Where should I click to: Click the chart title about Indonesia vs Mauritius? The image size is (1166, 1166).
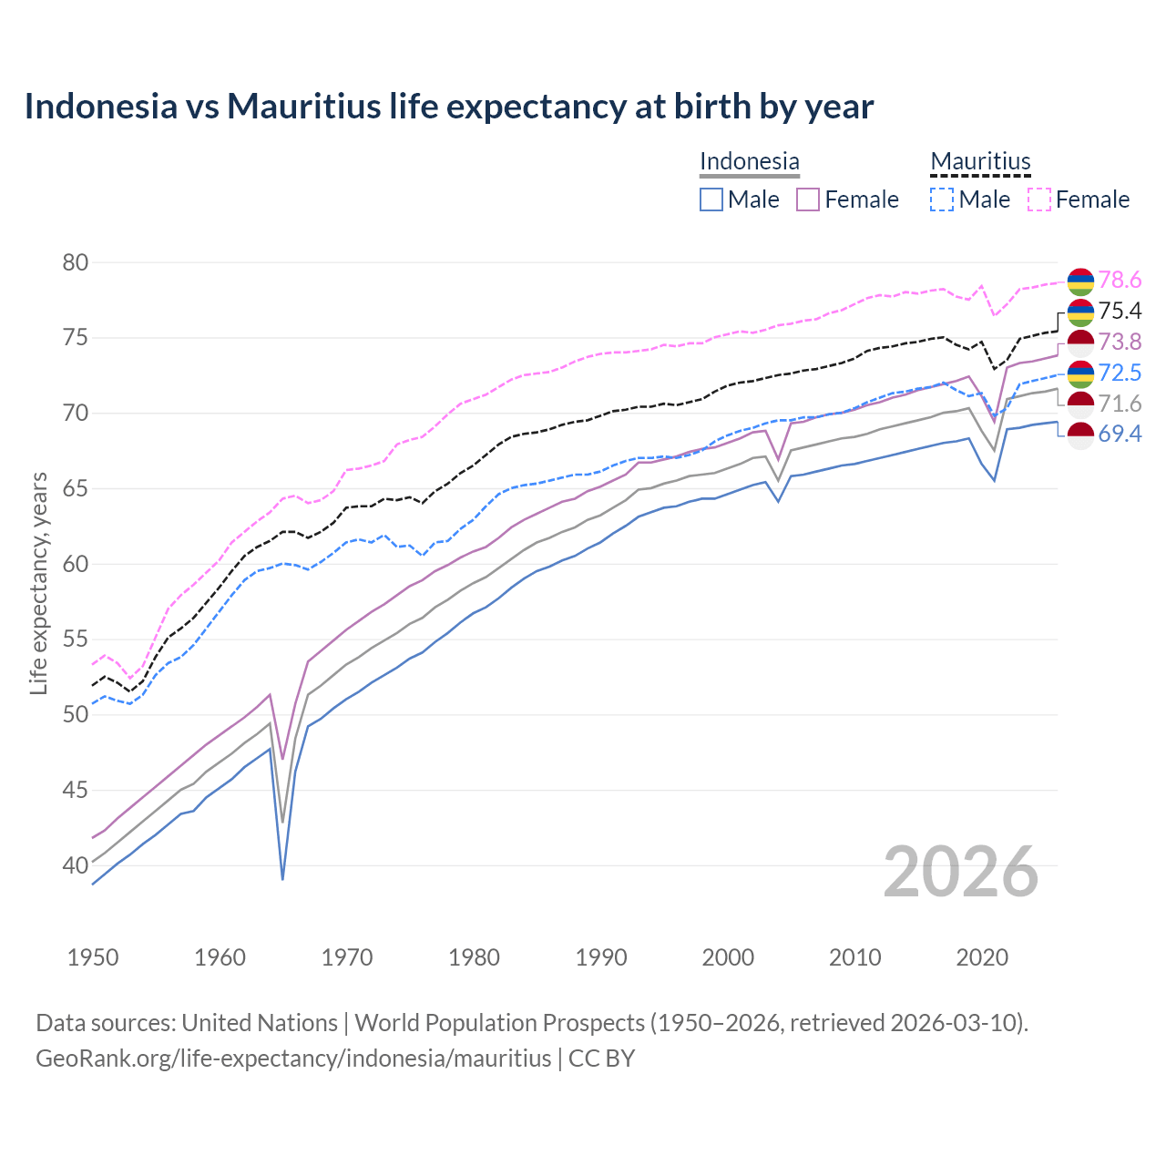tap(448, 107)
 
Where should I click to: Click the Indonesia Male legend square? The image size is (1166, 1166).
tap(711, 199)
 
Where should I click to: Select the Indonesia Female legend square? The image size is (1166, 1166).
tap(808, 199)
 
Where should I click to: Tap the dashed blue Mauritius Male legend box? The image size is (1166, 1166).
tap(942, 199)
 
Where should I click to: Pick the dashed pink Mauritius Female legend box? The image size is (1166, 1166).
tap(1038, 199)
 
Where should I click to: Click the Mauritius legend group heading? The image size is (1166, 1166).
tap(980, 162)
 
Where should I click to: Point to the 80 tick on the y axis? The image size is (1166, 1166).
tap(76, 262)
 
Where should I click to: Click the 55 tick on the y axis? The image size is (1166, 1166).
tap(76, 639)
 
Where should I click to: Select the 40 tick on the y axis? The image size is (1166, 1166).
tap(76, 865)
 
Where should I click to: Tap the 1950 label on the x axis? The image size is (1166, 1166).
tap(93, 957)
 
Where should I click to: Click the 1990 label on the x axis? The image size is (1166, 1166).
tap(601, 957)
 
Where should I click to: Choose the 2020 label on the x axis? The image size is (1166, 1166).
tap(982, 957)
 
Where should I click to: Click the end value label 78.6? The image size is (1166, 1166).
tap(1120, 280)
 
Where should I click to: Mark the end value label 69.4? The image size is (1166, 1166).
tap(1120, 434)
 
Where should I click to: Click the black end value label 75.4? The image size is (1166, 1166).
tap(1120, 311)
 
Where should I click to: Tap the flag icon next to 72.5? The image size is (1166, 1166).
tap(1080, 373)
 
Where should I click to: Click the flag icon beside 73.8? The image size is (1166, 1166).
tap(1080, 343)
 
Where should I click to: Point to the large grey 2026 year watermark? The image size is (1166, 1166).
tap(960, 872)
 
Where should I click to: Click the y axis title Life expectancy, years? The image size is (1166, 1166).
tap(38, 583)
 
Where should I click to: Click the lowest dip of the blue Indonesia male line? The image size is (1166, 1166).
tap(283, 878)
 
